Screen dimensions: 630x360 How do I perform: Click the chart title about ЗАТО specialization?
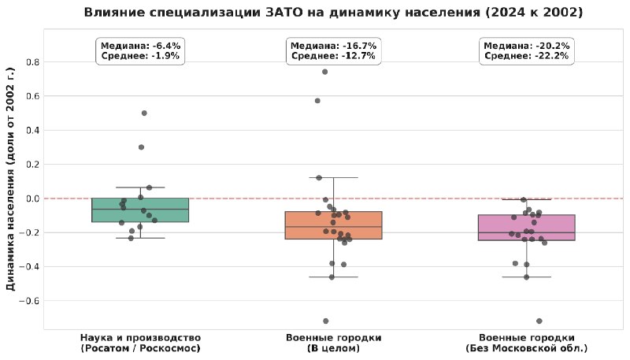[x=333, y=12]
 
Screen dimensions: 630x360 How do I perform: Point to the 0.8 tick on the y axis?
[x=32, y=62]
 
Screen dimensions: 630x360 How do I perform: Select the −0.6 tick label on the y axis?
[x=29, y=301]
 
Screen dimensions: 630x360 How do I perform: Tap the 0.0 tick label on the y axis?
[x=32, y=199]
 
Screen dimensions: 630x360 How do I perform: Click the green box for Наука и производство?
[x=140, y=210]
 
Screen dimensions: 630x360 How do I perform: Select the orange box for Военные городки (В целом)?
[x=333, y=225]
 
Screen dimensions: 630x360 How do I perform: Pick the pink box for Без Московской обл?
[x=527, y=228]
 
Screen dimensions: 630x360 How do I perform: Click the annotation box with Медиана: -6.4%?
[x=140, y=50]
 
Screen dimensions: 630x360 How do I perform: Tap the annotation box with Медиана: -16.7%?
[x=333, y=50]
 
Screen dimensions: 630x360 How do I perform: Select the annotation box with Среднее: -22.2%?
[x=527, y=50]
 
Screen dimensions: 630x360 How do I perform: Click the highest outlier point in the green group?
[x=144, y=113]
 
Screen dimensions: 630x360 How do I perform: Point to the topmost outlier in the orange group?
[x=325, y=72]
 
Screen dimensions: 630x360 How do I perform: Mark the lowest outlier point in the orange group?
[x=326, y=321]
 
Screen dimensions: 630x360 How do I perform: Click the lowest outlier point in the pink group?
[x=539, y=321]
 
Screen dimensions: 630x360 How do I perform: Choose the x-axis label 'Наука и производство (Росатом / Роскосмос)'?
[x=140, y=343]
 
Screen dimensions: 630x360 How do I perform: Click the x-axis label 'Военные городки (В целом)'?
[x=333, y=343]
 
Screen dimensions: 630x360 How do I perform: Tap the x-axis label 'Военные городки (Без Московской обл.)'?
[x=527, y=343]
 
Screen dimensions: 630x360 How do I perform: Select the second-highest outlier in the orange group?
[x=317, y=101]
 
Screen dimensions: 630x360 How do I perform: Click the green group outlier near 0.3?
[x=142, y=147]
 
